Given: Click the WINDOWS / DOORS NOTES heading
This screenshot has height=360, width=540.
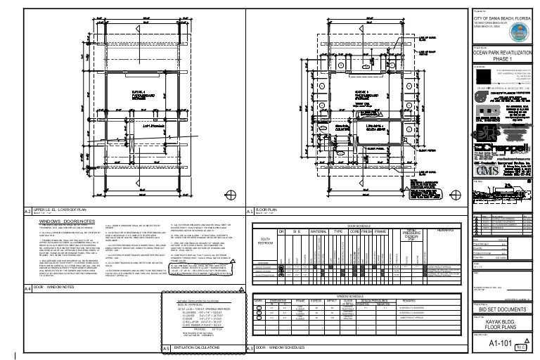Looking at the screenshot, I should tap(67, 220).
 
